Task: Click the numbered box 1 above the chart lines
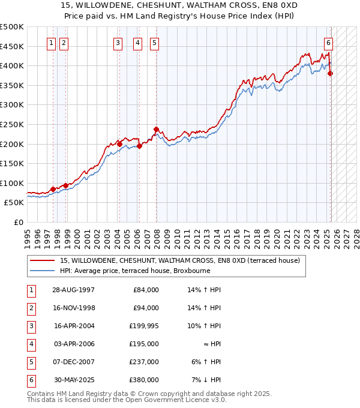click(x=51, y=43)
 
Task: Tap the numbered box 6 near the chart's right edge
click(x=329, y=43)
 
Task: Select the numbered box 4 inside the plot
click(x=138, y=43)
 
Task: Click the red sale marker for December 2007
click(x=156, y=130)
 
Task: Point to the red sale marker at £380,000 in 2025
click(x=331, y=73)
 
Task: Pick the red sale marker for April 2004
click(x=119, y=144)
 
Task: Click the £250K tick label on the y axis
click(x=12, y=124)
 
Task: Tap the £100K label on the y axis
click(x=12, y=183)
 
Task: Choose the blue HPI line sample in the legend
click(x=43, y=271)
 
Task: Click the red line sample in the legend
click(x=43, y=260)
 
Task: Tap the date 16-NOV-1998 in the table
click(x=74, y=308)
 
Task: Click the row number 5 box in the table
click(x=30, y=362)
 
